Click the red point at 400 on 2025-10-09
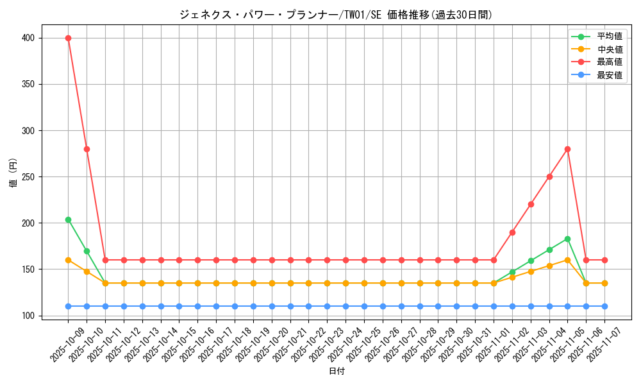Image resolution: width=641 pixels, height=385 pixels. pyautogui.click(x=68, y=38)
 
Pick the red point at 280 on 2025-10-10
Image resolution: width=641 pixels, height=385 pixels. pyautogui.click(x=87, y=149)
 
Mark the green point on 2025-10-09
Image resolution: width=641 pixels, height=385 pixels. pyautogui.click(x=68, y=219)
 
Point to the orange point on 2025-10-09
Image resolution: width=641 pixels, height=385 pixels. pyautogui.click(x=68, y=260)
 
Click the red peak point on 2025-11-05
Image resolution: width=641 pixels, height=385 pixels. pyautogui.click(x=567, y=149)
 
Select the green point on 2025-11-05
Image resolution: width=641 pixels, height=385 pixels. pyautogui.click(x=567, y=239)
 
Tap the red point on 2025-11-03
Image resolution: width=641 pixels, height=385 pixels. pyautogui.click(x=531, y=204)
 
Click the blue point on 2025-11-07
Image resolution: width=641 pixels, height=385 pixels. pyautogui.click(x=604, y=306)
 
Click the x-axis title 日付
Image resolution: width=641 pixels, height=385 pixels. pyautogui.click(x=337, y=372)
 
